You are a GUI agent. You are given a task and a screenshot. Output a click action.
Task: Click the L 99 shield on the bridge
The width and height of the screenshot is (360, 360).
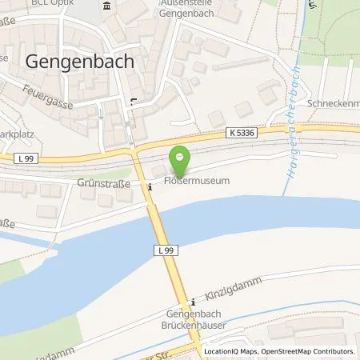pyautogui.click(x=163, y=251)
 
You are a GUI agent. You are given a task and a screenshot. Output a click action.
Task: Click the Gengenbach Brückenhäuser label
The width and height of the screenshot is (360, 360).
pyautogui.click(x=196, y=322)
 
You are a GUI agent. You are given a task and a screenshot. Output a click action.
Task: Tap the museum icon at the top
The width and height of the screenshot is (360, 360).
pyautogui.click(x=107, y=7)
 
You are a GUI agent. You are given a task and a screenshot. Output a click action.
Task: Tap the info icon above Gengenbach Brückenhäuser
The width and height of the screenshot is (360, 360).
pyautogui.click(x=192, y=302)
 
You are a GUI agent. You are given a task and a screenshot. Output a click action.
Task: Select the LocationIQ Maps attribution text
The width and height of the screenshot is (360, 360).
pyautogui.click(x=230, y=351)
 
